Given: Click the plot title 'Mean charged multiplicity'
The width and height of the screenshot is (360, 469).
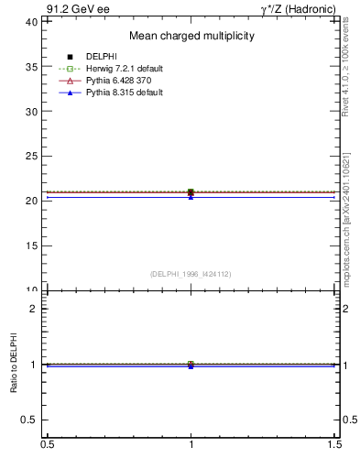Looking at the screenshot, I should (191, 36).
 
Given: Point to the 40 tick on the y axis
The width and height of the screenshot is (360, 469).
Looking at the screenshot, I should (31, 22).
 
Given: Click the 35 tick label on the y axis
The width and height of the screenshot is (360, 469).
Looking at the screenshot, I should (31, 67).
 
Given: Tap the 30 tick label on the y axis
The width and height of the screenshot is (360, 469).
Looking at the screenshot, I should (31, 112).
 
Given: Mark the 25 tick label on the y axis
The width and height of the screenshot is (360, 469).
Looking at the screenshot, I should (31, 157).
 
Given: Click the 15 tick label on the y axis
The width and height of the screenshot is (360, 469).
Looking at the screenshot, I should (31, 245).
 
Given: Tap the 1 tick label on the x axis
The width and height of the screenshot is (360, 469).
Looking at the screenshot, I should (191, 445).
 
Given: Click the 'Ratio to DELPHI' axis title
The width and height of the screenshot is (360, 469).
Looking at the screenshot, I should (12, 365).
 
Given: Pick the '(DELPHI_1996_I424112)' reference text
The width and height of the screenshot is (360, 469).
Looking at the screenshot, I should (191, 273).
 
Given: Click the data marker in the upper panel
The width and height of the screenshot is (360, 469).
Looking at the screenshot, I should (191, 192).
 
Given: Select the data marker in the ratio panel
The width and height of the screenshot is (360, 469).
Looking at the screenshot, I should (191, 365).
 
